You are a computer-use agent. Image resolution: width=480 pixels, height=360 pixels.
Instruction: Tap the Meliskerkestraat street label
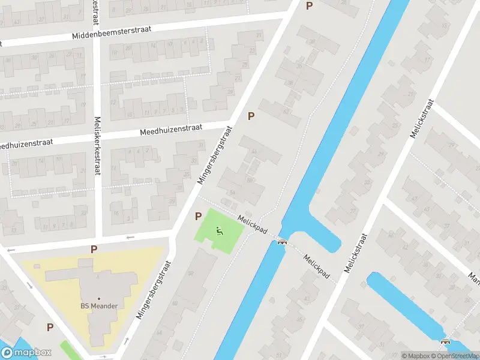coord(97,145)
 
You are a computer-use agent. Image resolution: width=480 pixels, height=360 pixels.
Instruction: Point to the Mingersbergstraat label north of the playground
coord(214,159)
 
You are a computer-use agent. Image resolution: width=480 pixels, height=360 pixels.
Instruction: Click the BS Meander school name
coord(99,305)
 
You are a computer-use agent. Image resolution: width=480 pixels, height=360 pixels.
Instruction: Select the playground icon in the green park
coord(220,230)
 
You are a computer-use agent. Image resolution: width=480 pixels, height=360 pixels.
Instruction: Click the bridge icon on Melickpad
coord(282,242)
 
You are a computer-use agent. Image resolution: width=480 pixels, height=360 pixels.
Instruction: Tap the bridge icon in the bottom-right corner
coord(445,342)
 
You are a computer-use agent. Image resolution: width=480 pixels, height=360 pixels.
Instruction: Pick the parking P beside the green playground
coord(197,216)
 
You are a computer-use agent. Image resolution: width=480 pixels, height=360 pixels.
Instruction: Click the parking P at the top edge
coord(309,6)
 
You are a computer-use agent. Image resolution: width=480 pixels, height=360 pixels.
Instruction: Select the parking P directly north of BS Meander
coord(94,249)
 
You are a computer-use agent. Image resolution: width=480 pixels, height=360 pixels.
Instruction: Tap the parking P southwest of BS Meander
coord(50,328)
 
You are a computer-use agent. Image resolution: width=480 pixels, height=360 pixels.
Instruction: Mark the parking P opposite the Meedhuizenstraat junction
coord(251,116)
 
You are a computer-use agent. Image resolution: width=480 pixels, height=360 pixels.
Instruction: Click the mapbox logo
coord(26,353)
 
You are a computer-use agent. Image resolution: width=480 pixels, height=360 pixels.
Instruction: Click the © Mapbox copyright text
coord(416,356)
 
